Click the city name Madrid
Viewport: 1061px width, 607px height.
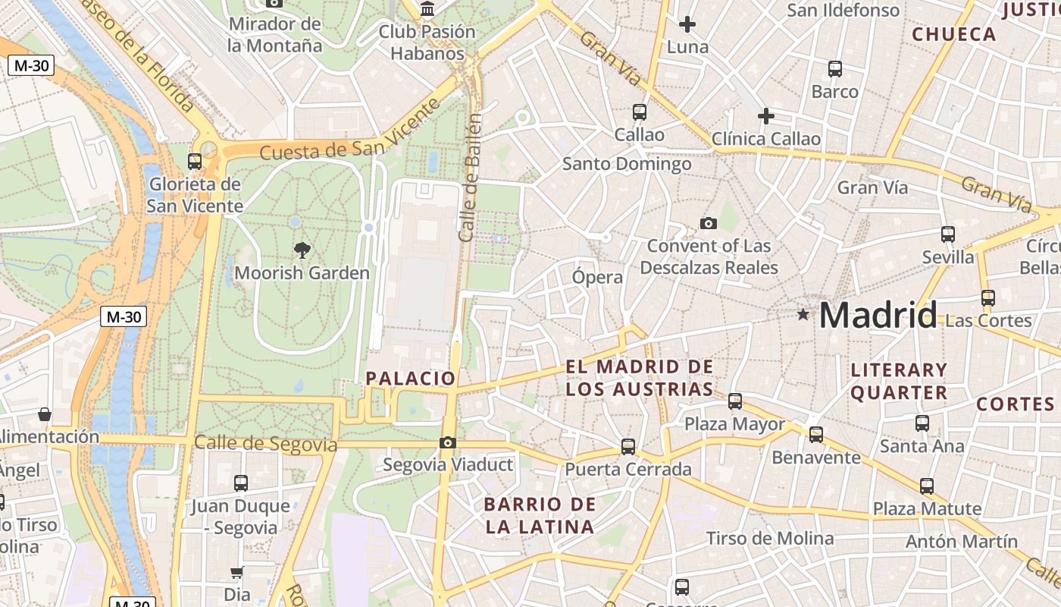[x=878, y=315]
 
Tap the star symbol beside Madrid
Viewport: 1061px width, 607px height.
[x=803, y=314]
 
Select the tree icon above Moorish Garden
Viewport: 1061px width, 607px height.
[x=302, y=250]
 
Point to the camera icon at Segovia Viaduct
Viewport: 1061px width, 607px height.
[x=448, y=442]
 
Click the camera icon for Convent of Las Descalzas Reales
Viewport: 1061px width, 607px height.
[x=709, y=223]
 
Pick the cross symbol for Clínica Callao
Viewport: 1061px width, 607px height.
[x=766, y=116]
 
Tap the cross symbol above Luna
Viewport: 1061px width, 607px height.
[x=687, y=24]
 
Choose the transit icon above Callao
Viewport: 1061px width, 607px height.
[x=640, y=112]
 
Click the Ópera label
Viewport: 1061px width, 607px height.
[x=597, y=277]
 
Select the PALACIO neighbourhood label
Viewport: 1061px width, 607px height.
[x=411, y=378]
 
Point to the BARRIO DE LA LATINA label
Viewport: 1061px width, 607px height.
[x=539, y=515]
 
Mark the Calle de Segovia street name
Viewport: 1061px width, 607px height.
[x=265, y=443]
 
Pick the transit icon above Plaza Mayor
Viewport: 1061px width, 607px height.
[x=735, y=401]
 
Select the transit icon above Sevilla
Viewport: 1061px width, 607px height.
[x=947, y=234]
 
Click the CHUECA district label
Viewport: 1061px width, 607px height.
[x=953, y=34]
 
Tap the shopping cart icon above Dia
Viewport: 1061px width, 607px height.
[x=237, y=572]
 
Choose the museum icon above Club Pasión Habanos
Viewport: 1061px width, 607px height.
[x=427, y=10]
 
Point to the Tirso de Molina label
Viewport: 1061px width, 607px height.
[x=769, y=539]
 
